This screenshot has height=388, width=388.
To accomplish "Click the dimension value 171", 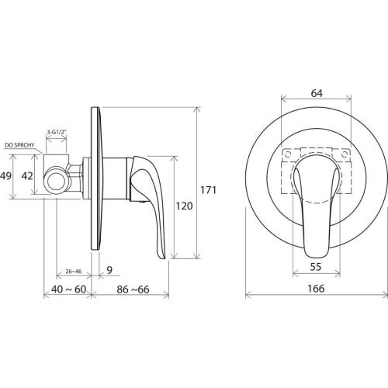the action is [x=208, y=190].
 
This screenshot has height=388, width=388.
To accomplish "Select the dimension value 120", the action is [x=184, y=206].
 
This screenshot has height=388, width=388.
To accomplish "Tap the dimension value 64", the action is [x=317, y=93].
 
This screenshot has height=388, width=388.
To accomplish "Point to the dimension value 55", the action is [x=316, y=267].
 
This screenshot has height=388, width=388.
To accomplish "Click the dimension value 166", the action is [x=316, y=289].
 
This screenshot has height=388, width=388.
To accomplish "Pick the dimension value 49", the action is [x=6, y=176].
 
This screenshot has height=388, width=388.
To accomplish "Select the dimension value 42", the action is [x=27, y=176].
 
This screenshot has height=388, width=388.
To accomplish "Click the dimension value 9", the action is [x=109, y=270].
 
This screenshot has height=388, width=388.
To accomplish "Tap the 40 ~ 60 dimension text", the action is [x=68, y=289].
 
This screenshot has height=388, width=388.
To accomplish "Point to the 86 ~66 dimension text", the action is [x=133, y=289].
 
